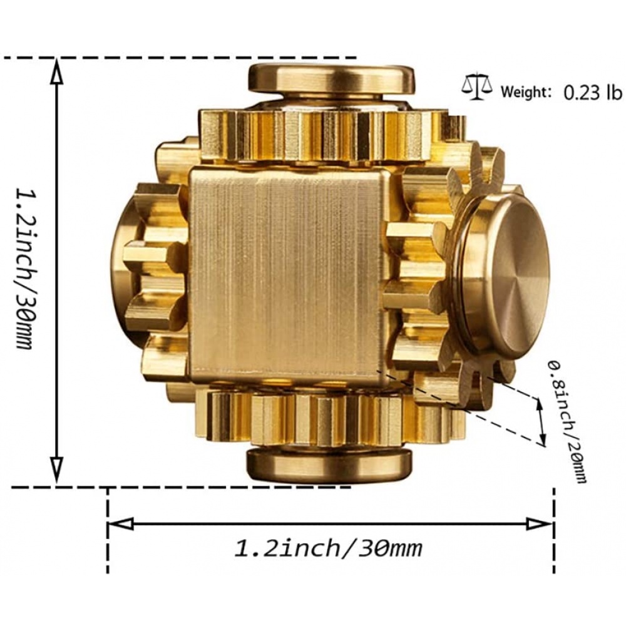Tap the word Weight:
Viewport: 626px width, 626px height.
[x=526, y=92]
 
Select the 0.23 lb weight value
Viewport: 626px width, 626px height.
[x=593, y=92]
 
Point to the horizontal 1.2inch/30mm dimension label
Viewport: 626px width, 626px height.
[x=328, y=548]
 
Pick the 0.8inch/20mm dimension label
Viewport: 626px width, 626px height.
[x=568, y=421]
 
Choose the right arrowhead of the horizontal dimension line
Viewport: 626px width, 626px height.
[x=540, y=523]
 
